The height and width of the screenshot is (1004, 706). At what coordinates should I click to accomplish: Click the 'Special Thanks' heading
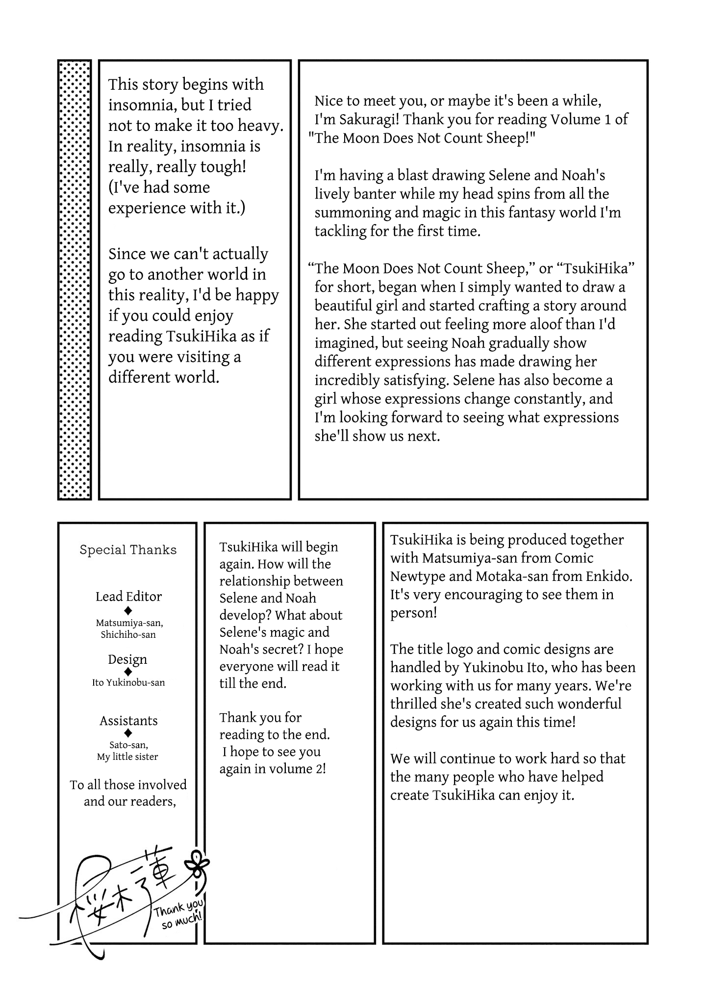[x=128, y=550]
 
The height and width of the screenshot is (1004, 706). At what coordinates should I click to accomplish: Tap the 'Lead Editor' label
[x=128, y=596]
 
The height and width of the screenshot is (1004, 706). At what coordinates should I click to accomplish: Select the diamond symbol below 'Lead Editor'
[x=128, y=610]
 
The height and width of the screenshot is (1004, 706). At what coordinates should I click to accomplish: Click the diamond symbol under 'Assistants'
[x=128, y=733]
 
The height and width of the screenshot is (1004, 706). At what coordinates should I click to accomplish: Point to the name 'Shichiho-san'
[x=128, y=634]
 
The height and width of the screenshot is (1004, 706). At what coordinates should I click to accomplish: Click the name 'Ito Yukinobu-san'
[x=128, y=682]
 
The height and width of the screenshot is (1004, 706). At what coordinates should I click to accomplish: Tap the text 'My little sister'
[x=127, y=756]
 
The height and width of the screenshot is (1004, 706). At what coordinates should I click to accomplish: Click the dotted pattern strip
[x=75, y=279]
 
